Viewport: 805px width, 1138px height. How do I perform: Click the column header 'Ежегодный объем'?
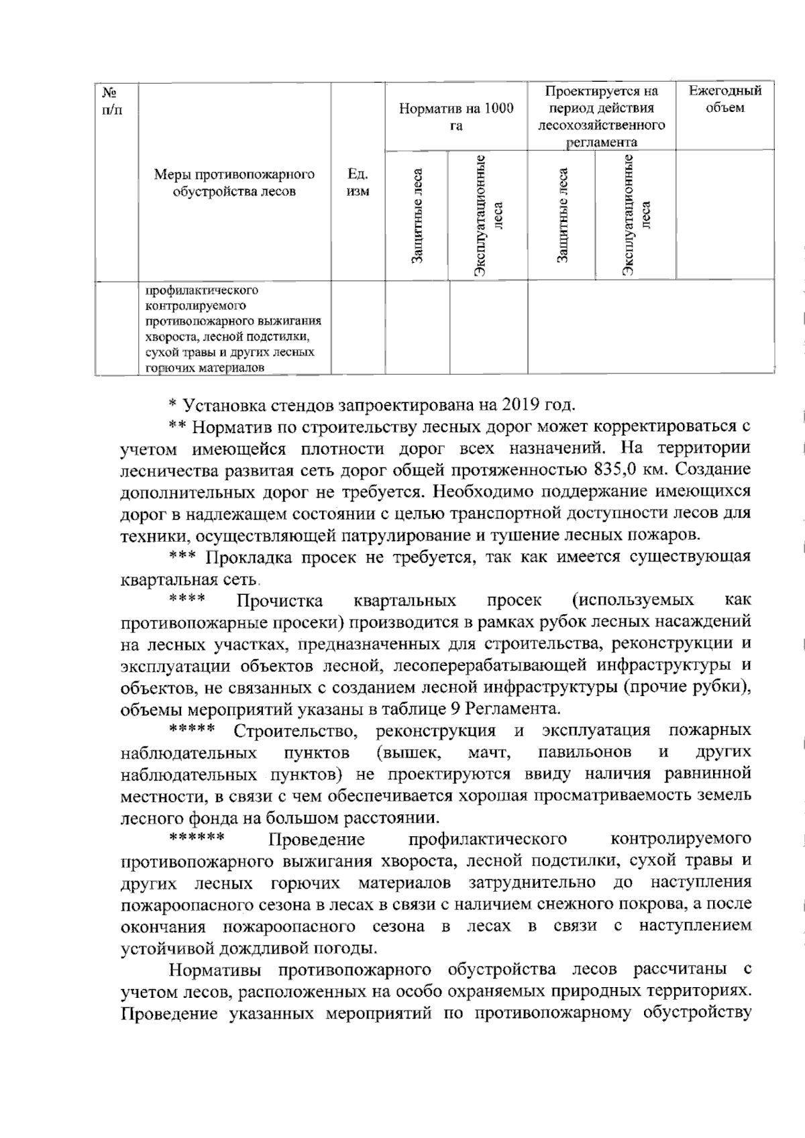(x=725, y=99)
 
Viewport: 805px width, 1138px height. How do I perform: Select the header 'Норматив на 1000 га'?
(x=456, y=117)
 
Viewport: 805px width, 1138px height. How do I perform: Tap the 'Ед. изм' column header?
(x=358, y=182)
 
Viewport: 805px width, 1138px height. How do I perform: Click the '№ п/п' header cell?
(x=111, y=99)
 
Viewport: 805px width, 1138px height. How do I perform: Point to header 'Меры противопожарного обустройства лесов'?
(x=234, y=182)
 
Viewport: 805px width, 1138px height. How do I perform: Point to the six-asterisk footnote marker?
(x=197, y=838)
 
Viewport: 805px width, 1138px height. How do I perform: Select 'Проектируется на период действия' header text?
(x=601, y=99)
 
